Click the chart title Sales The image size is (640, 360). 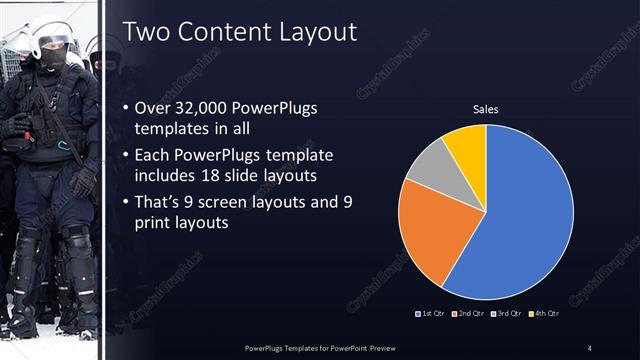pyautogui.click(x=486, y=109)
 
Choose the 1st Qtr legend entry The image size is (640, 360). pyautogui.click(x=432, y=314)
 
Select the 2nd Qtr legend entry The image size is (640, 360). pyautogui.click(x=470, y=314)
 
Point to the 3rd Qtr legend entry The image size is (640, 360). pyautogui.click(x=507, y=314)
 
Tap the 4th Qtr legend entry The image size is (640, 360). pyautogui.click(x=544, y=314)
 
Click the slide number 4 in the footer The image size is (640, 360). pyautogui.click(x=589, y=348)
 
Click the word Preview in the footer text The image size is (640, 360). pyautogui.click(x=385, y=348)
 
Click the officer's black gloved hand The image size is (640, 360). pyautogui.click(x=84, y=180)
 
